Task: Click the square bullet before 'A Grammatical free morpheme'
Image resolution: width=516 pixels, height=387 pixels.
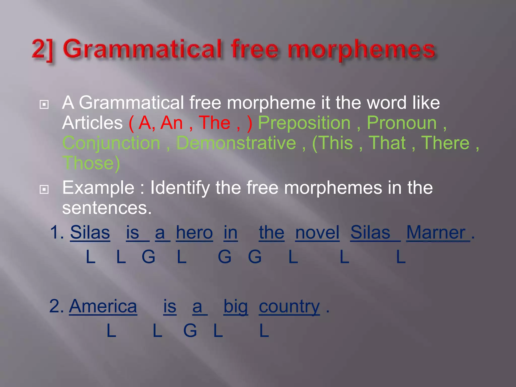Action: coord(44,104)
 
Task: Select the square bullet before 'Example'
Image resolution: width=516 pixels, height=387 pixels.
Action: coord(44,189)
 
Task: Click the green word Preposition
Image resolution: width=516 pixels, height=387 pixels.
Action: coord(304,123)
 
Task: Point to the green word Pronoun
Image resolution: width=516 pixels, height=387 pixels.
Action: coord(402,123)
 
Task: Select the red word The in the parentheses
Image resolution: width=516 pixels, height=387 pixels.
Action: coord(214,123)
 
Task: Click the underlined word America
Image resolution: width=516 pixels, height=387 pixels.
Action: coord(103,307)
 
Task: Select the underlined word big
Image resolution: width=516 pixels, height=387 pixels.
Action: coord(236,307)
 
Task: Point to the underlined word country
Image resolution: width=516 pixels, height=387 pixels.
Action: coord(289,307)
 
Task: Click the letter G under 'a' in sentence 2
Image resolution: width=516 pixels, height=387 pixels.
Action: coord(190,331)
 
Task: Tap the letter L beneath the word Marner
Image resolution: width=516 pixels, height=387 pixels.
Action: coord(401,257)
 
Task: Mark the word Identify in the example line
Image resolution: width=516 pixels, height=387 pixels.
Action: coord(180,188)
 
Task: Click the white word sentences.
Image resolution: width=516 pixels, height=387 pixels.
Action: coord(107,208)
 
